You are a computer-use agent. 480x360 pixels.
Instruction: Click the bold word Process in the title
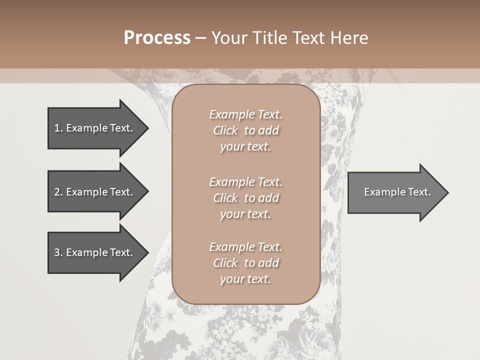pos(157,38)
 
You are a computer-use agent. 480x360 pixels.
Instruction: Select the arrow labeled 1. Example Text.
pos(95,128)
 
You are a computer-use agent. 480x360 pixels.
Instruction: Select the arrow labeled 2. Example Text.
pos(95,192)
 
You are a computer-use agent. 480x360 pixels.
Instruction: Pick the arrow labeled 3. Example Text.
pos(95,252)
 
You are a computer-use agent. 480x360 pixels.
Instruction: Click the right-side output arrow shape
pos(395,192)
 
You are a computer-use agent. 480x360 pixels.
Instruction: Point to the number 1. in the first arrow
pos(58,128)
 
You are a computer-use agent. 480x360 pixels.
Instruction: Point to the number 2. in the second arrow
pos(58,192)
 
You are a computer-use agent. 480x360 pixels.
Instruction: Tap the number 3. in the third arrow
pos(58,252)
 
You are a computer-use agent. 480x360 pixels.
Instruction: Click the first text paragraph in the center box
pos(245,130)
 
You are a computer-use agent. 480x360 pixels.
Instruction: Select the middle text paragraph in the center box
pos(245,198)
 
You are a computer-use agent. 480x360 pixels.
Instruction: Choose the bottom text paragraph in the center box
pos(245,263)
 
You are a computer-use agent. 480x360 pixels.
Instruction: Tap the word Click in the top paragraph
pos(225,130)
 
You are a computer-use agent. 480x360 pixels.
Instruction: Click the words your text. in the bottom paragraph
pos(245,279)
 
